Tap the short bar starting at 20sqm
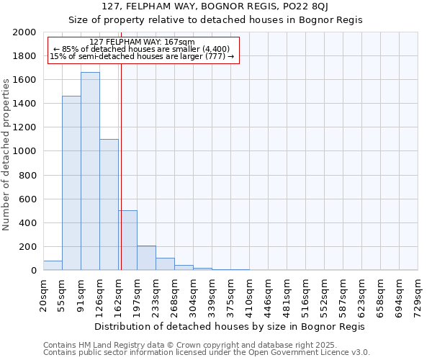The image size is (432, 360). pos(53,266)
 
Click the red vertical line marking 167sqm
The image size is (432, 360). pos(121,180)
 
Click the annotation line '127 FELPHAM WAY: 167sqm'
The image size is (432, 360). pos(143,42)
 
